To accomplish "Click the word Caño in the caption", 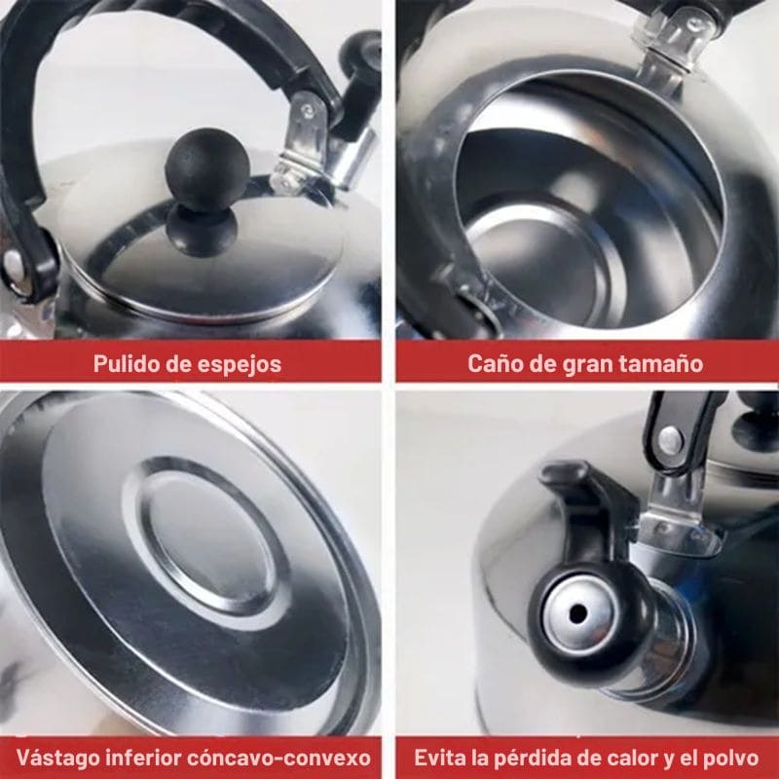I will (x=493, y=364).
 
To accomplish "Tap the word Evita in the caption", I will (x=438, y=758).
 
